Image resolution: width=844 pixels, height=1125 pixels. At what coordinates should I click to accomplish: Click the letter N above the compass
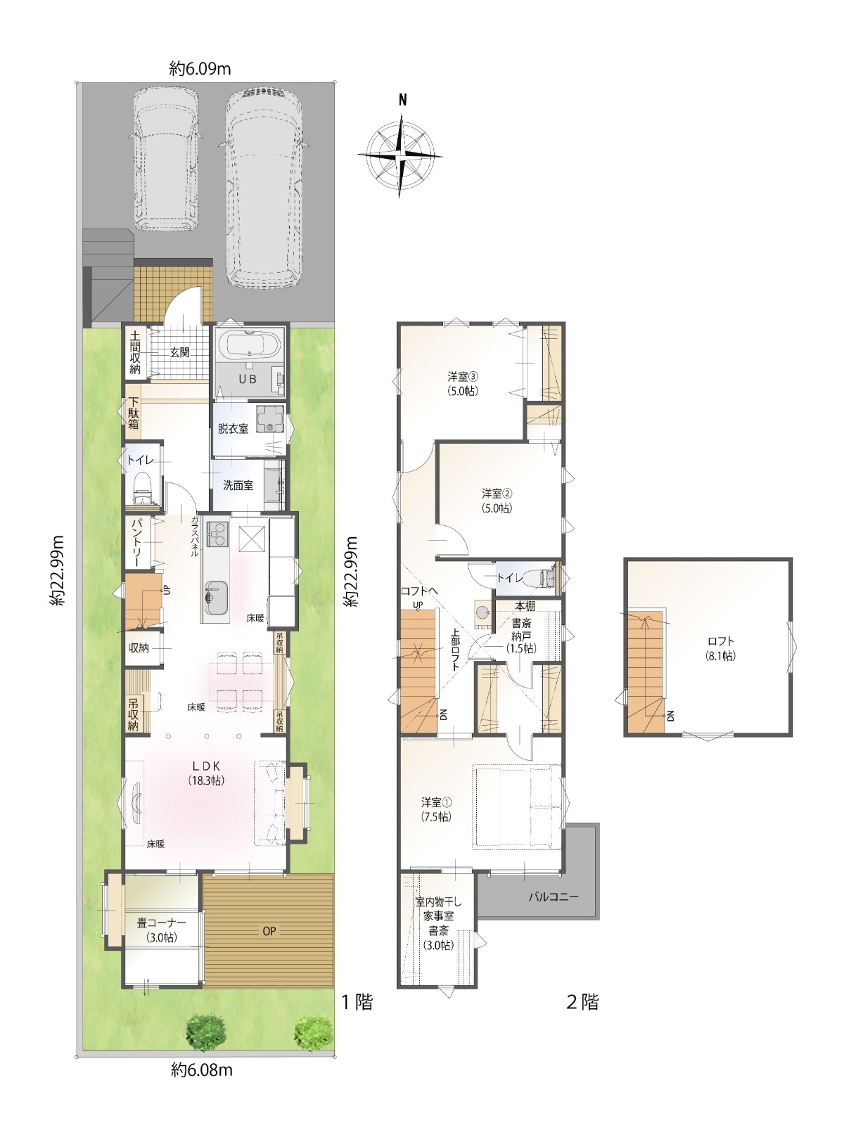(403, 100)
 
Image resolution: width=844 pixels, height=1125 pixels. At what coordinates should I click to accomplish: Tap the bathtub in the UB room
(249, 343)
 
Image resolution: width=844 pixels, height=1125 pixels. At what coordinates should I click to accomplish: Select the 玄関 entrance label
(180, 353)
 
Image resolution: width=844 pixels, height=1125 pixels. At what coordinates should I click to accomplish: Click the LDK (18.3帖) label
(206, 773)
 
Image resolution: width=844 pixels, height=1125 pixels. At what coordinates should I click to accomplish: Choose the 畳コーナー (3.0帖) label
(161, 930)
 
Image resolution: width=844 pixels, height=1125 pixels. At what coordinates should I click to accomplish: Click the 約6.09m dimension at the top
(200, 69)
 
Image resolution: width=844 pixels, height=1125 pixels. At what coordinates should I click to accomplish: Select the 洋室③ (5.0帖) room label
(463, 384)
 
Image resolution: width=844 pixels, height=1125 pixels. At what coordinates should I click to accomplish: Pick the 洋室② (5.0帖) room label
(497, 501)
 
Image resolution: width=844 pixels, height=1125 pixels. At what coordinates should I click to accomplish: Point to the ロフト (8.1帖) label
(720, 648)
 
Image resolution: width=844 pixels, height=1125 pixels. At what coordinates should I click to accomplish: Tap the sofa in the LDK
(270, 803)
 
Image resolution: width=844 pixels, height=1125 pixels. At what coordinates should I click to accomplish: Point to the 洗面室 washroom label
(238, 485)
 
